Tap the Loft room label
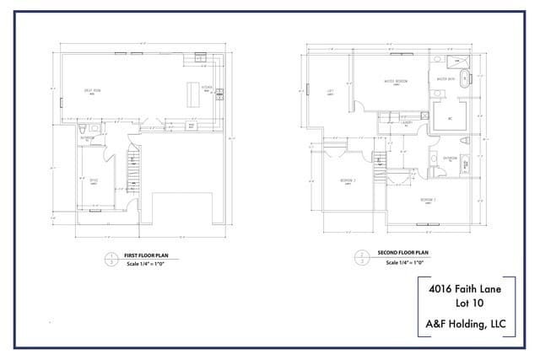(329, 94)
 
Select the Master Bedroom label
(395, 81)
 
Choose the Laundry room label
(407, 123)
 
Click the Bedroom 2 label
(428, 199)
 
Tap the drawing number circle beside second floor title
(361, 257)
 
